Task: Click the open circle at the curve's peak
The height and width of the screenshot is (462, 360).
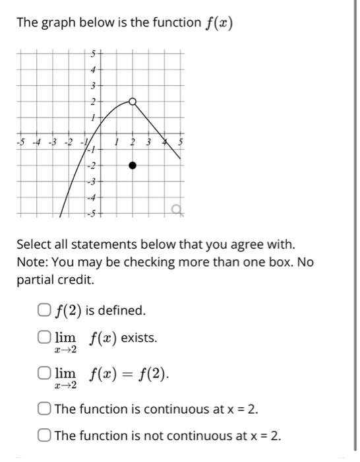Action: coord(133,102)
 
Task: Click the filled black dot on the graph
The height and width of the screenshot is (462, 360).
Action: coord(133,165)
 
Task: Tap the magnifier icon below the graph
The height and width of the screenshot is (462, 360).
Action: coord(177,210)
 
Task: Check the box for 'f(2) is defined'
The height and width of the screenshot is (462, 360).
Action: coord(44,310)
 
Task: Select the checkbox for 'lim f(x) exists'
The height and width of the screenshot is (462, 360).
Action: coord(44,338)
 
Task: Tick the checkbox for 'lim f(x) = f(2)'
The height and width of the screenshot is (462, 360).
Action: coord(44,375)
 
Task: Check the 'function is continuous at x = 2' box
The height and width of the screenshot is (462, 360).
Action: coord(44,409)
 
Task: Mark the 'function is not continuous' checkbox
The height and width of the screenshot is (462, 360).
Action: coord(44,436)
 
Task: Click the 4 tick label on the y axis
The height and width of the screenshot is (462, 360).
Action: coord(94,70)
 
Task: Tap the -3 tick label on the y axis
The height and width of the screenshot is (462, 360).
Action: coord(94,181)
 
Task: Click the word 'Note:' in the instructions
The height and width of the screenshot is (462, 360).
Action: coord(33,262)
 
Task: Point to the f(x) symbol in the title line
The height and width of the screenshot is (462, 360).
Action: coord(220,23)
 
